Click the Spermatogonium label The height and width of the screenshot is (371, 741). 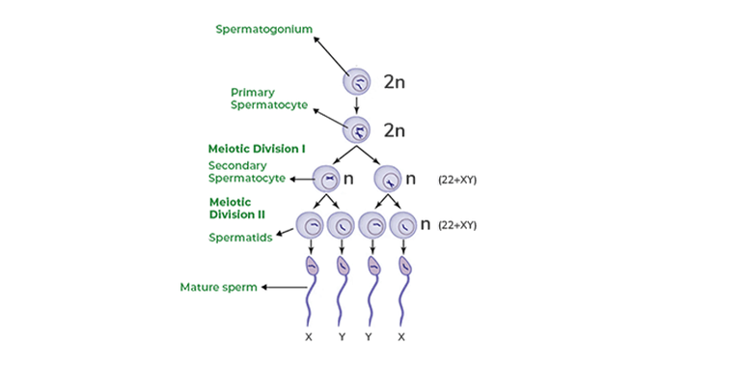(262, 29)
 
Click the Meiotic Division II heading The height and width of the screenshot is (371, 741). (237, 208)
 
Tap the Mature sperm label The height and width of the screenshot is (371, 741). (218, 287)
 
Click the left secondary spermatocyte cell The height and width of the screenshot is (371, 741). (328, 179)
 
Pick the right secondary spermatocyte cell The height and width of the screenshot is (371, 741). (388, 179)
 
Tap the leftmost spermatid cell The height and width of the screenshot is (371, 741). (311, 226)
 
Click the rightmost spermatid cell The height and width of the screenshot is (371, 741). (402, 226)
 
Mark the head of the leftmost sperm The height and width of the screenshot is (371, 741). (311, 267)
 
